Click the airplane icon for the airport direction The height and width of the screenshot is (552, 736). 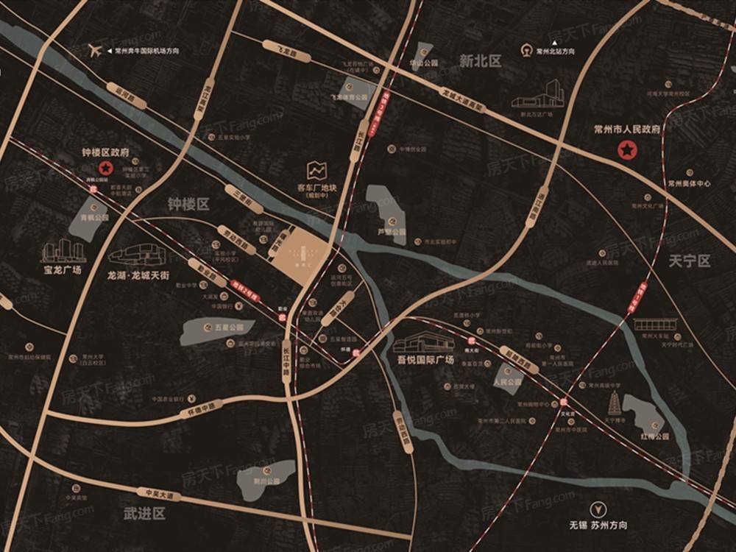94,50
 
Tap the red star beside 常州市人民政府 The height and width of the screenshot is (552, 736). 626,151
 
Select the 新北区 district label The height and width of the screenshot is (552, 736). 480,62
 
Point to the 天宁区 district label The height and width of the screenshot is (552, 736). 690,261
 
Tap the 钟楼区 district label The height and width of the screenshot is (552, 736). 188,204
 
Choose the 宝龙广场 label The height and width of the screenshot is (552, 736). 63,270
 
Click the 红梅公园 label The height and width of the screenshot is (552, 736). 654,436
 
